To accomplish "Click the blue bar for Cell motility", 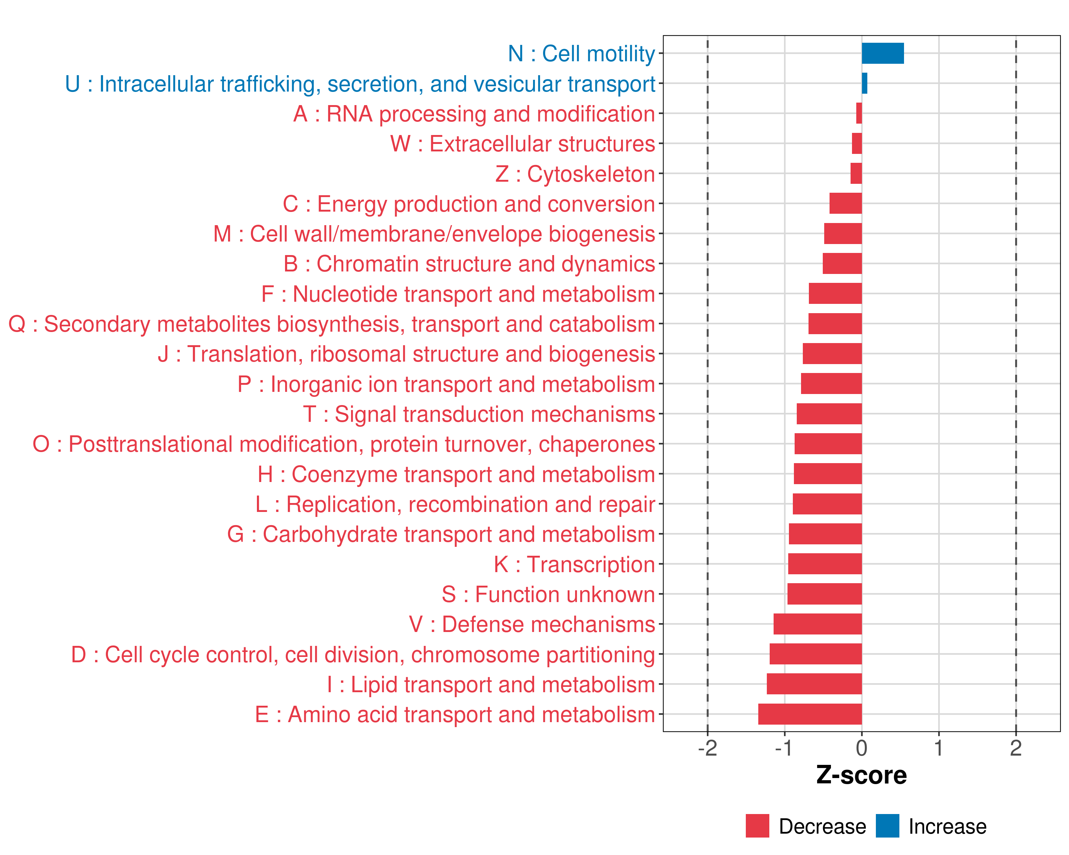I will point(883,53).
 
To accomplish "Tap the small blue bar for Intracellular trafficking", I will point(864,83).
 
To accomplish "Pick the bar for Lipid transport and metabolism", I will point(814,684).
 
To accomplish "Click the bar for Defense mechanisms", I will point(818,624).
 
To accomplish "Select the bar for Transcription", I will point(825,564).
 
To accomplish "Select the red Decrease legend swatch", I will point(757,826).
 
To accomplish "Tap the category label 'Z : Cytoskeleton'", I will point(575,174).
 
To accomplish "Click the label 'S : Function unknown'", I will point(548,594).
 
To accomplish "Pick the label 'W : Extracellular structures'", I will point(523,144).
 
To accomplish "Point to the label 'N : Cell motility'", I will point(582,53).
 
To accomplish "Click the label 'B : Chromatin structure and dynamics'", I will point(469,264).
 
